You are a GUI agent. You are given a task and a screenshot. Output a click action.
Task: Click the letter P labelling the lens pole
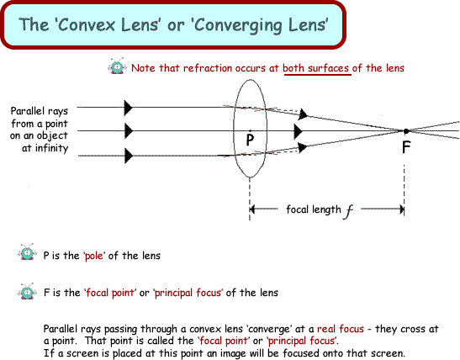coord(250,140)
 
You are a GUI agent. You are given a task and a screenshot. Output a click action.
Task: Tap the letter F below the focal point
coord(406,147)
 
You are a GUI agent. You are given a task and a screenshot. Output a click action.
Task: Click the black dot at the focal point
coord(406,131)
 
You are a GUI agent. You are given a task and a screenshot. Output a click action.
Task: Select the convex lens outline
coord(234,128)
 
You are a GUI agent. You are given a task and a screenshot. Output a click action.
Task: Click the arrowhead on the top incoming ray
coord(128,108)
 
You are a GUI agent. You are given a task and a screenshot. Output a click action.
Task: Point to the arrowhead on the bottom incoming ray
coord(128,156)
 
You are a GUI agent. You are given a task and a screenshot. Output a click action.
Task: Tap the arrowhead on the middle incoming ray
coord(128,131)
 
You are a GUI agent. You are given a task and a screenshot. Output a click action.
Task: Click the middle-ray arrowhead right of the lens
coord(298,131)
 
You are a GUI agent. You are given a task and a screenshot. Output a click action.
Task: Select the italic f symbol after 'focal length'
coord(349,211)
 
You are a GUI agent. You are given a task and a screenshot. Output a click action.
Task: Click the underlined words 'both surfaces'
coord(315,68)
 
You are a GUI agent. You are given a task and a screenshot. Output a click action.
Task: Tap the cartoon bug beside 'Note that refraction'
coord(118,66)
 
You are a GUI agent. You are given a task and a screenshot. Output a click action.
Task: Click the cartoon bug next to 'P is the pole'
coord(27,252)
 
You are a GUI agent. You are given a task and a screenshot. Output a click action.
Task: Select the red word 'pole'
coord(94,256)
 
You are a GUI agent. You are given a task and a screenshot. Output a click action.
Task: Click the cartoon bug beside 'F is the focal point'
coord(27,291)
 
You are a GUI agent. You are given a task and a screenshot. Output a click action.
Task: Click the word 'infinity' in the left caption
coord(51,148)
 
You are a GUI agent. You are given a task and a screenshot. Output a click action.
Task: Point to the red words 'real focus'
coord(341,329)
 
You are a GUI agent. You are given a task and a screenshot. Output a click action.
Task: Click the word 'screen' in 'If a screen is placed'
coord(82,353)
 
